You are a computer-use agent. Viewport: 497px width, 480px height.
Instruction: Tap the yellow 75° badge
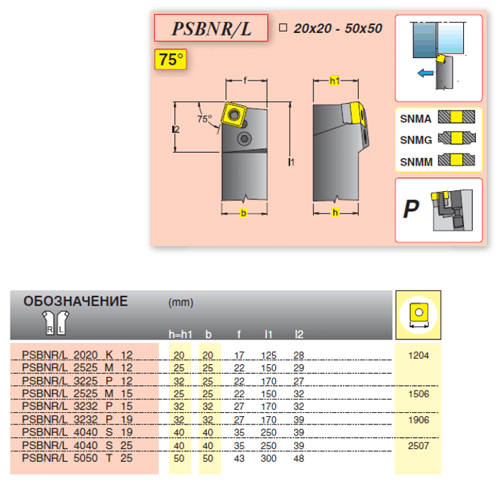(171, 59)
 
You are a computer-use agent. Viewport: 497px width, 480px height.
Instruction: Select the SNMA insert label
(416, 118)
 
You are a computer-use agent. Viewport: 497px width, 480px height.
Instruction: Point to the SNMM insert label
(416, 160)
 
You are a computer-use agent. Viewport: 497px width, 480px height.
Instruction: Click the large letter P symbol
(411, 208)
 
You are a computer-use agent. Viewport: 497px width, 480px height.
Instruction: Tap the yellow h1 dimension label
(335, 81)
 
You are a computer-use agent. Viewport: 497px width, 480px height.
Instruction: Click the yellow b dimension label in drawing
(243, 214)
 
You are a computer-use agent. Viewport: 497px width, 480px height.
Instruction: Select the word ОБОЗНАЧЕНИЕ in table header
(76, 302)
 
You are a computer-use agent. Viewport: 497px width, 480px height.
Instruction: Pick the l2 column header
(299, 334)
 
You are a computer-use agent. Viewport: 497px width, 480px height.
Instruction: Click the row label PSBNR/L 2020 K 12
(77, 354)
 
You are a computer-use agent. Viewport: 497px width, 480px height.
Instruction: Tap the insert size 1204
(419, 354)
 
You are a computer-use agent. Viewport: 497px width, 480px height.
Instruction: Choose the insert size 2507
(419, 445)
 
